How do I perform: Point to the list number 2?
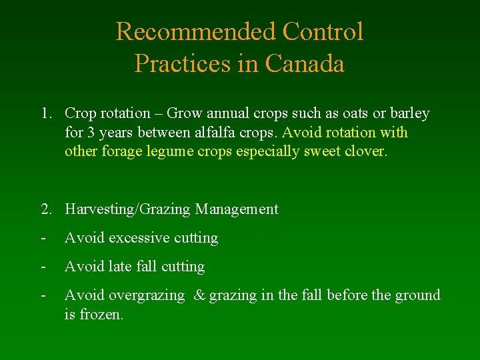point(45,209)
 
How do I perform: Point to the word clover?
point(365,151)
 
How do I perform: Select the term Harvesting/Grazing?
point(128,209)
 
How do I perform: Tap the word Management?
point(237,209)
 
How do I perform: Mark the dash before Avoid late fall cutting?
point(43,267)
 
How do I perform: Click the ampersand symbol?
point(199,295)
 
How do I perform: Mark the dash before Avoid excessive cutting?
point(43,238)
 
